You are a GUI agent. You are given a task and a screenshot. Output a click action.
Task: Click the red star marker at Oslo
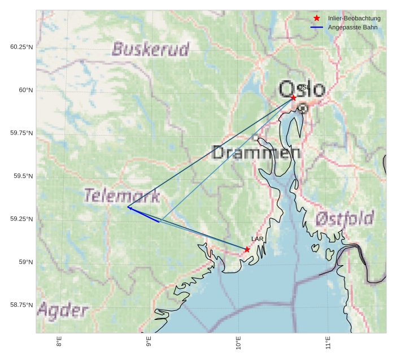tap(293, 98)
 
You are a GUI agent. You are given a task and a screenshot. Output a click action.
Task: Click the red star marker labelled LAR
tap(247, 249)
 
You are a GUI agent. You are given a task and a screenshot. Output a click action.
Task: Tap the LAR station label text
tap(258, 240)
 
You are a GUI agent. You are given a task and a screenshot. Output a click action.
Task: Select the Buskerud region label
tap(150, 49)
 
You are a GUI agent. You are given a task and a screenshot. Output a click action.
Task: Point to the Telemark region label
tap(122, 196)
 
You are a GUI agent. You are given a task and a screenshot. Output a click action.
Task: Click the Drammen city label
tap(256, 153)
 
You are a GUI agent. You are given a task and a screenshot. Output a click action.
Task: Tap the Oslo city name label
tap(302, 89)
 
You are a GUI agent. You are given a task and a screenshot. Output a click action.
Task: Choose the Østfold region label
tap(345, 218)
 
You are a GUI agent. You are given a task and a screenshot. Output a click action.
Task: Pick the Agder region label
tap(63, 310)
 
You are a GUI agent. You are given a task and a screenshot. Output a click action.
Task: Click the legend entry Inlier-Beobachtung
tap(354, 19)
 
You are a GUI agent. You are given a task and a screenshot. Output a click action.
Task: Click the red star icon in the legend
tap(317, 19)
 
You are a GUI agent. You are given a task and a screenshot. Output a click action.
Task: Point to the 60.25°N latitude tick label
tap(21, 47)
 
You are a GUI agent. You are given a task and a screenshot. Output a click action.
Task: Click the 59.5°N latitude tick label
tap(23, 176)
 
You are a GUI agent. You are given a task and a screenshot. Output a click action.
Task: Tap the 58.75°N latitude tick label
tap(21, 305)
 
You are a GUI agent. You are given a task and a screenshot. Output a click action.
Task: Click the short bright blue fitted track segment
tap(143, 215)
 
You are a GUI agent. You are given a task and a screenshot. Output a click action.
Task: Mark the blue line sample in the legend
tap(317, 28)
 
